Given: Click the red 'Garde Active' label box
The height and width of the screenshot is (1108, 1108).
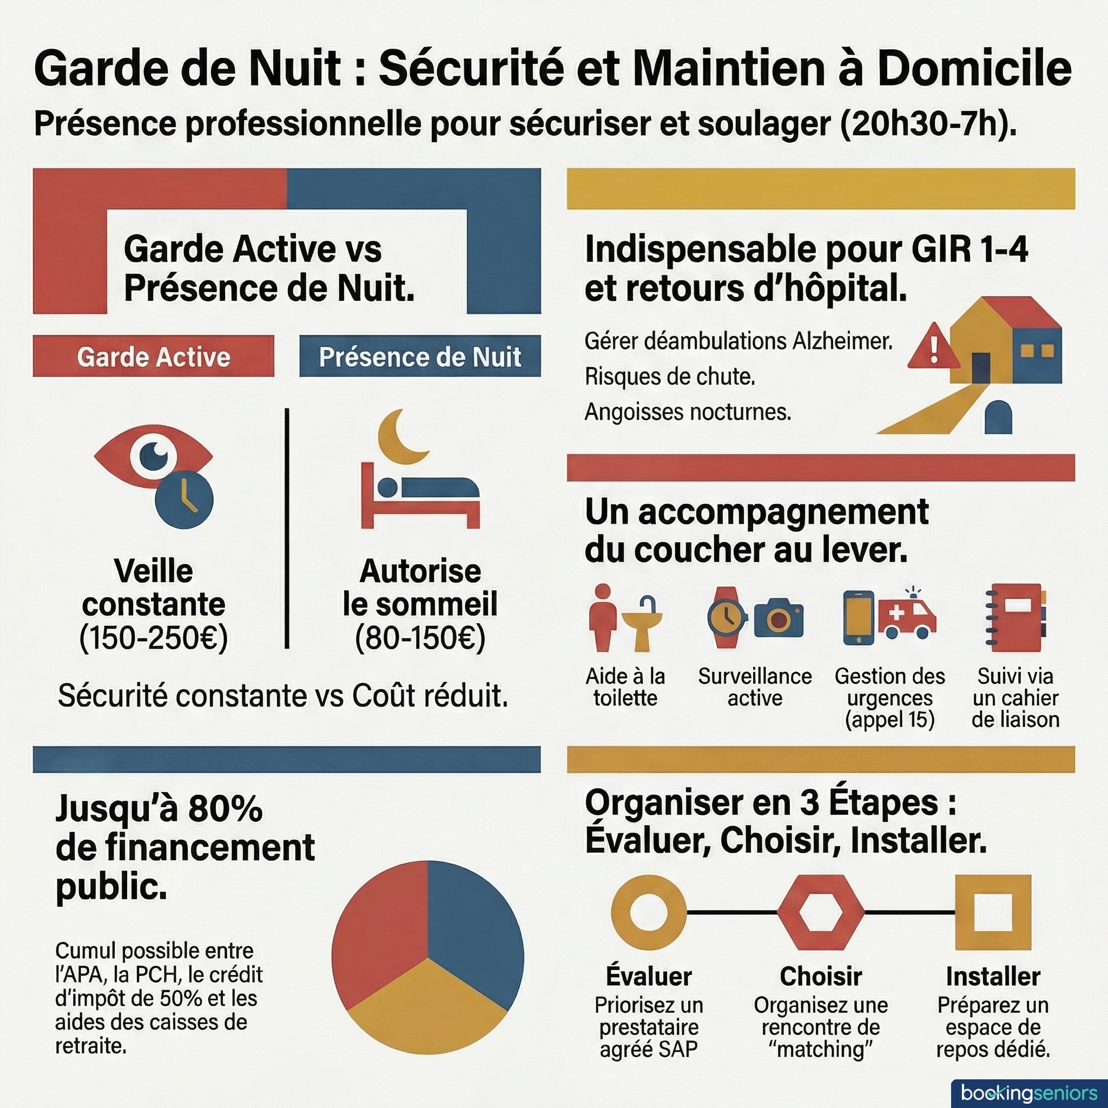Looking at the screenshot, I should coord(153,356).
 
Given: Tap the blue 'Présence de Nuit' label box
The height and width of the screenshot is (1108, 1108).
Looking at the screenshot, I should coord(420,356).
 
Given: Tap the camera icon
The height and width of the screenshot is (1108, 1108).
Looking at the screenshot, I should coord(778,618).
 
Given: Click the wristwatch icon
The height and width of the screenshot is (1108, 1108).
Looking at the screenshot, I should coord(727,617).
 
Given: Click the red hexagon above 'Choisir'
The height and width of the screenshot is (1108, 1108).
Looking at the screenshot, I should coord(820,912).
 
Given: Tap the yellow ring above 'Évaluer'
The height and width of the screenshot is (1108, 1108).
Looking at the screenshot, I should coord(649,912).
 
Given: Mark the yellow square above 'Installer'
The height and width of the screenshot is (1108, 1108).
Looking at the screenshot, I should coord(993,912).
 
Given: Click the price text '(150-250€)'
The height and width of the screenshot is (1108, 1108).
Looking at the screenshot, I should coord(153,637).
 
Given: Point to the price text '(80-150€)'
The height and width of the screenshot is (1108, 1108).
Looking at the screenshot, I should coord(420,637).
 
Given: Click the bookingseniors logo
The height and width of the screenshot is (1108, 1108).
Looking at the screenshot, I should coord(1029,1092).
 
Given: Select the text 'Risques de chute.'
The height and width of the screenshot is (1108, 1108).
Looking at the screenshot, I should coord(669,377).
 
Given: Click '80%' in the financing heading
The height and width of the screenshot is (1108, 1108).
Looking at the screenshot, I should coord(225,809).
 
